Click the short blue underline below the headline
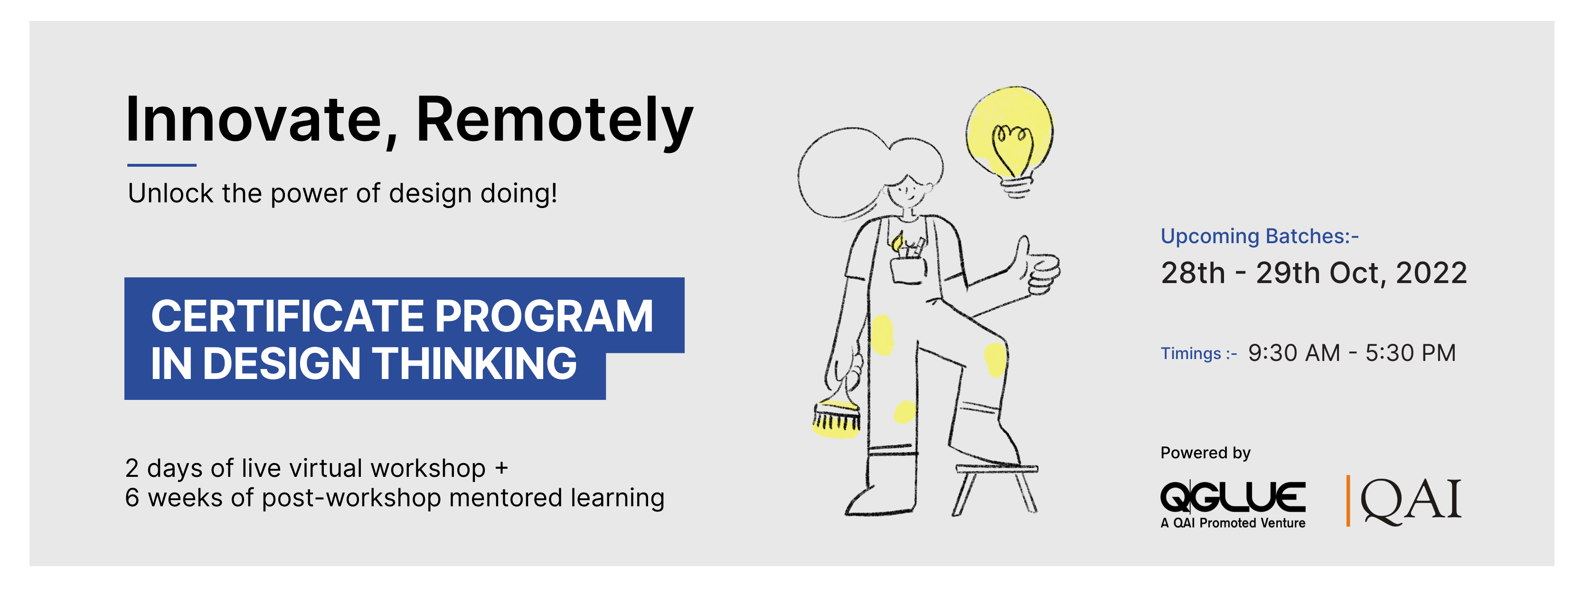click(x=161, y=165)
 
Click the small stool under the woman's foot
click(x=996, y=489)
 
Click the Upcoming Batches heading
click(x=1259, y=236)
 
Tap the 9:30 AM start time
click(x=1293, y=353)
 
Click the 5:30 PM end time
click(x=1410, y=353)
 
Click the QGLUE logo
click(x=1233, y=504)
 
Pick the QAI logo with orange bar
click(x=1404, y=501)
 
